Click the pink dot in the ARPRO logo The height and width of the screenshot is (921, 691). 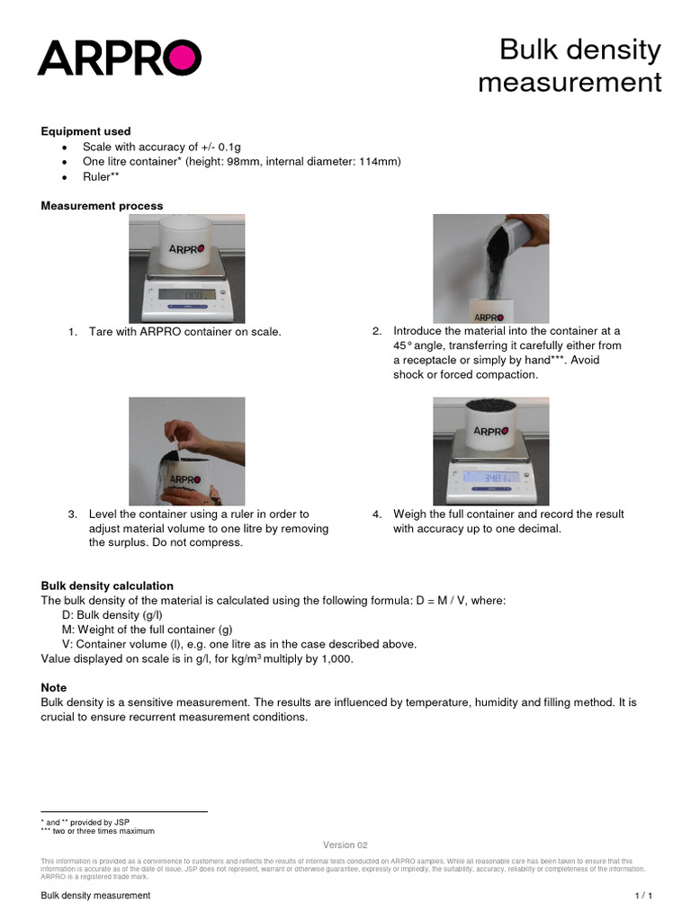(x=184, y=58)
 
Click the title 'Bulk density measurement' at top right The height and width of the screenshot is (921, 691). (x=569, y=67)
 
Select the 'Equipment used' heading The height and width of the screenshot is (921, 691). (x=85, y=131)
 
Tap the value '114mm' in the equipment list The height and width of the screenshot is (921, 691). (x=381, y=161)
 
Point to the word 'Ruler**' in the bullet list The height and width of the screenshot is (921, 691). (x=101, y=176)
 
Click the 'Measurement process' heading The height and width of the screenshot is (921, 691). (x=102, y=206)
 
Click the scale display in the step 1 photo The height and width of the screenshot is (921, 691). (x=187, y=295)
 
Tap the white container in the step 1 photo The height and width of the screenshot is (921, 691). (x=186, y=246)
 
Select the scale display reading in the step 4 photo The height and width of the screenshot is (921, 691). (x=491, y=478)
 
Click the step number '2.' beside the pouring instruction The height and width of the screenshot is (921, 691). (x=377, y=331)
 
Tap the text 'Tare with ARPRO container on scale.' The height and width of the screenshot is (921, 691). (x=184, y=333)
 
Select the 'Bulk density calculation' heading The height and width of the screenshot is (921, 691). (x=107, y=586)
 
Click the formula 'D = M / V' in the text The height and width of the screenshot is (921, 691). (x=448, y=600)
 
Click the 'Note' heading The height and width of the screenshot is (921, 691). (x=54, y=687)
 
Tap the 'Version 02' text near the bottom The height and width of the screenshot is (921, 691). (x=345, y=845)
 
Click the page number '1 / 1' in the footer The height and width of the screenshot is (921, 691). (x=642, y=897)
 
